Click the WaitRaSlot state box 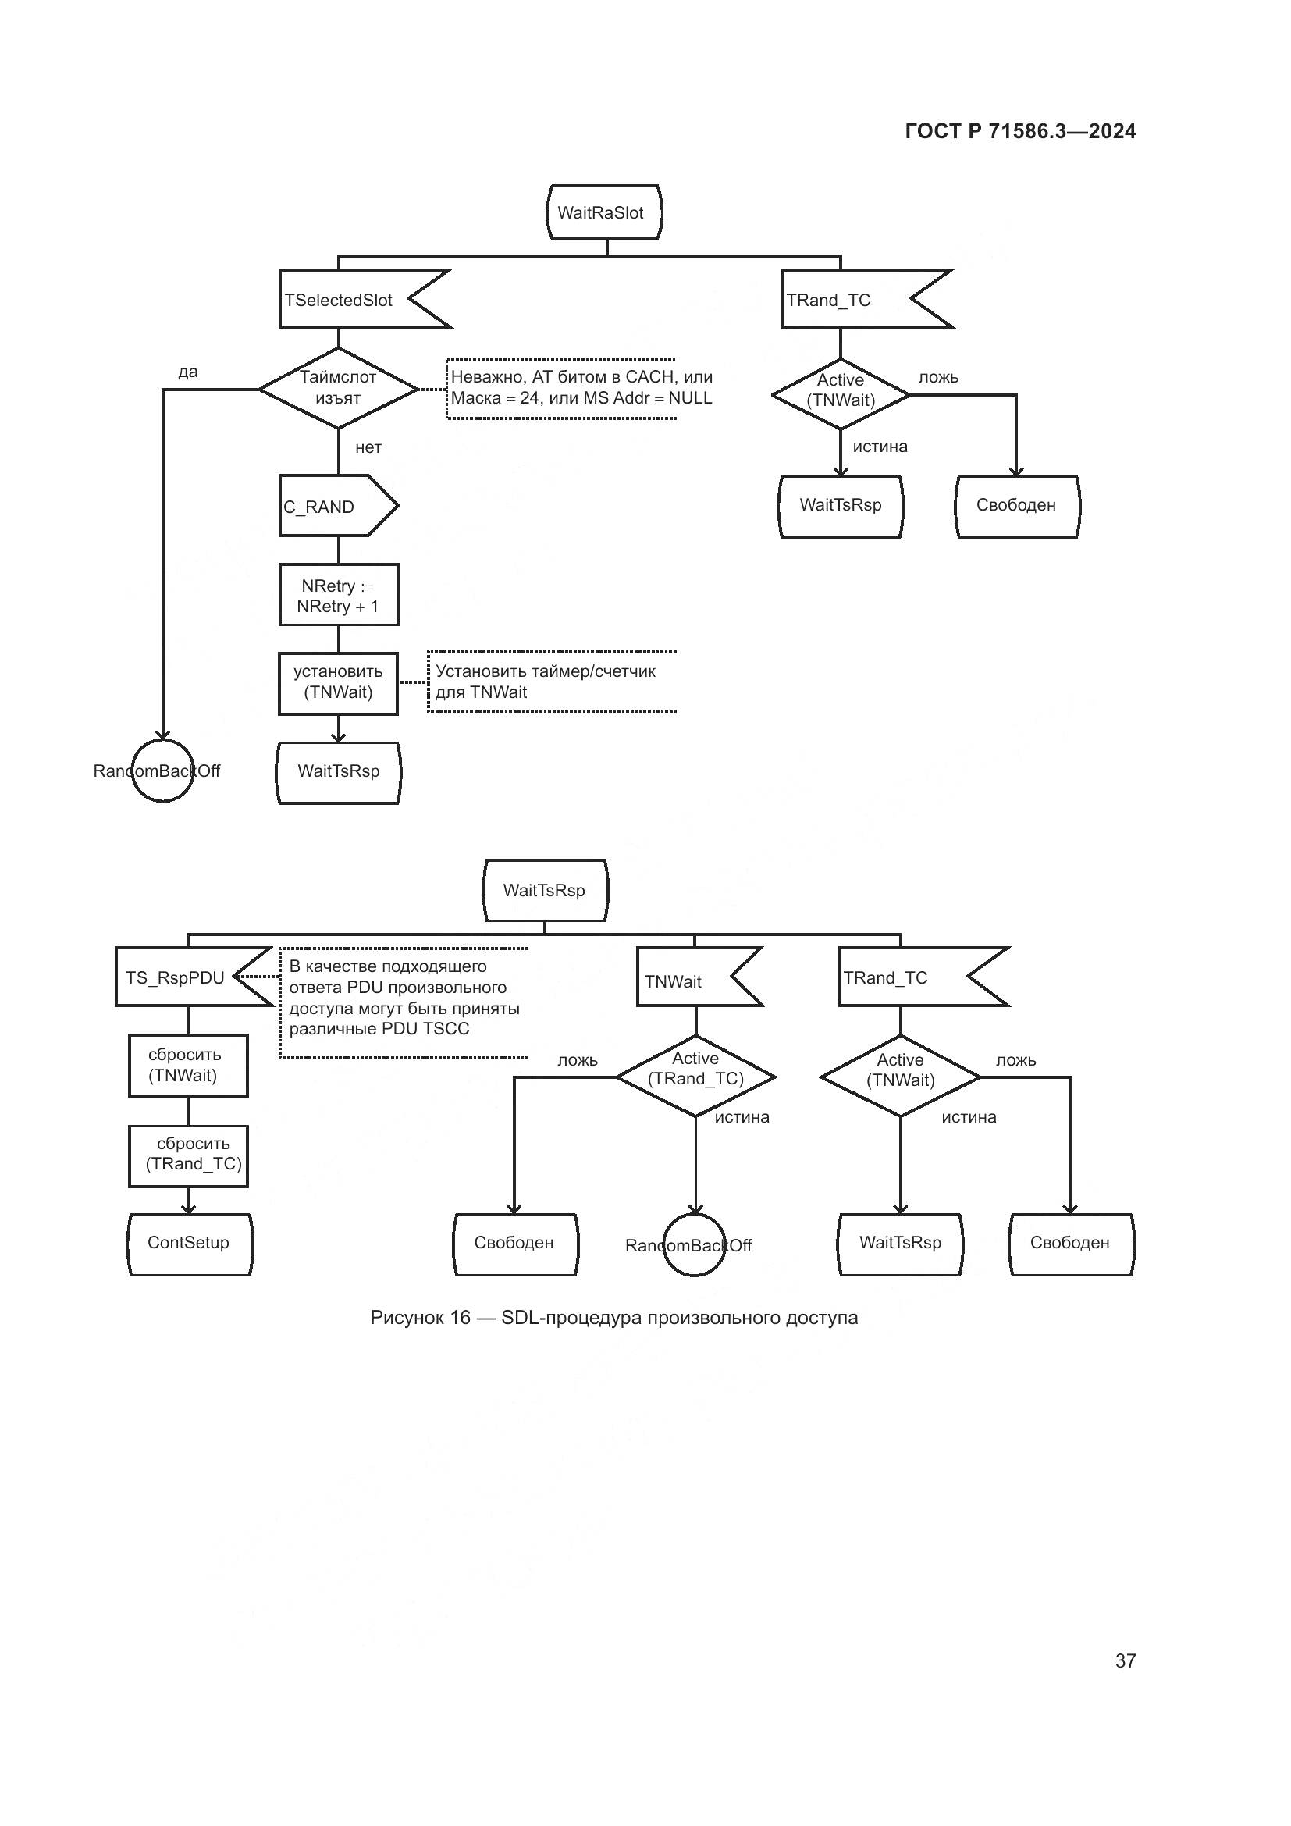point(603,212)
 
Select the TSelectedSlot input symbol point(350,300)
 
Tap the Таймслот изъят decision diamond point(339,388)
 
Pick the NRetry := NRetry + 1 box point(339,596)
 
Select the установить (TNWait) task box point(339,682)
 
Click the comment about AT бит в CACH point(580,387)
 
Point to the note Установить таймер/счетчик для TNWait point(549,682)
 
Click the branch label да point(187,372)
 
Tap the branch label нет point(368,447)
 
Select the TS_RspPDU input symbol point(179,977)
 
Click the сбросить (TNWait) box point(187,1065)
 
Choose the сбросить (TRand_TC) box point(189,1154)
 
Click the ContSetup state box point(189,1243)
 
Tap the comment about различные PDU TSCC point(404,998)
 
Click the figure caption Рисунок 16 point(613,1317)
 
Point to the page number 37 point(1125,1660)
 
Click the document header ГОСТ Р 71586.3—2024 point(1020,131)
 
